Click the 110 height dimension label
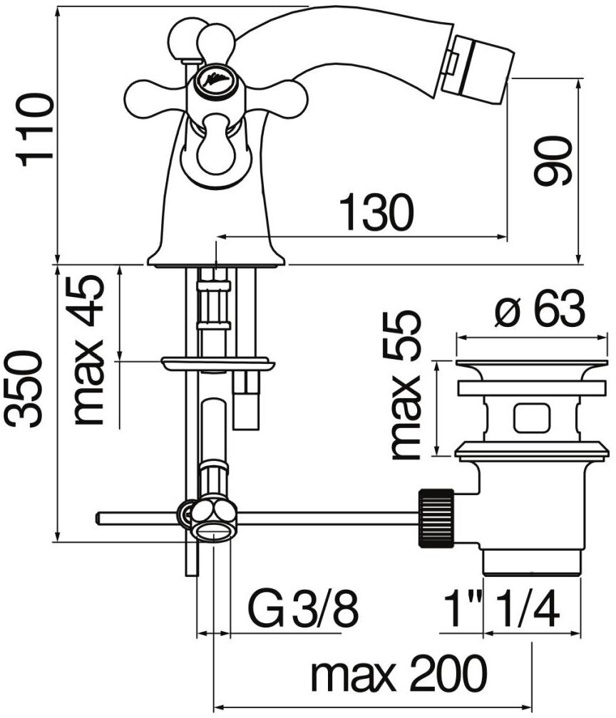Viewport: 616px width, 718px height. [36, 129]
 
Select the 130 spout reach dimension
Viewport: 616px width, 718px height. [375, 212]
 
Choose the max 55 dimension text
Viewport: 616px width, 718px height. [406, 385]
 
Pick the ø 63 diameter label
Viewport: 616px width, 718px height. [540, 311]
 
